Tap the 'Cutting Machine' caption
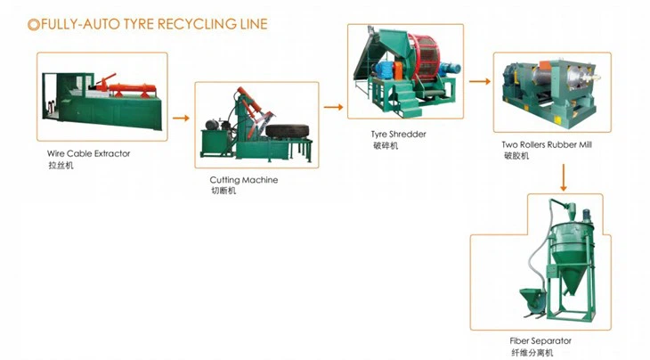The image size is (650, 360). tap(243, 180)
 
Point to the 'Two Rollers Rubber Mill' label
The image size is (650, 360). tap(547, 144)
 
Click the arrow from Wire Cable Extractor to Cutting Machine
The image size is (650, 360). tap(181, 117)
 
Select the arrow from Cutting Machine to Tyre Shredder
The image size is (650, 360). tap(333, 107)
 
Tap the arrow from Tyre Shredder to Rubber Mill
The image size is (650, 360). tap(480, 81)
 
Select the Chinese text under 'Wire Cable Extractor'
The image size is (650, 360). tap(61, 166)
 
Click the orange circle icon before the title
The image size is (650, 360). tap(33, 24)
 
